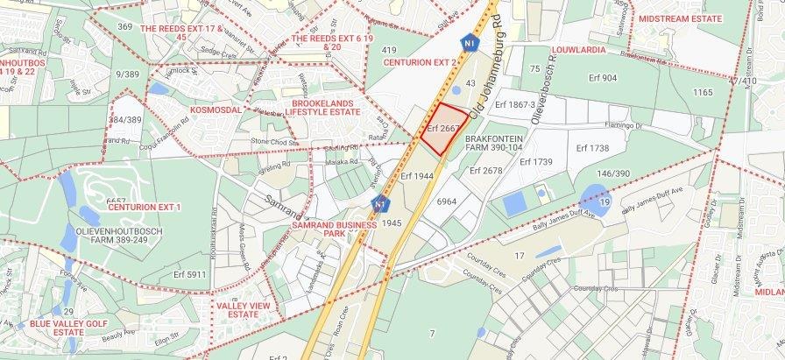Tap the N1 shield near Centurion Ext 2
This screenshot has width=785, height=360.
(470, 42)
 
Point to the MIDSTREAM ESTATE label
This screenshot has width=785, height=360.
(680, 18)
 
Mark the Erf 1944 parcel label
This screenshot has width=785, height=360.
(418, 176)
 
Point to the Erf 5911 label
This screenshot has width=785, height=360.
(190, 274)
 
